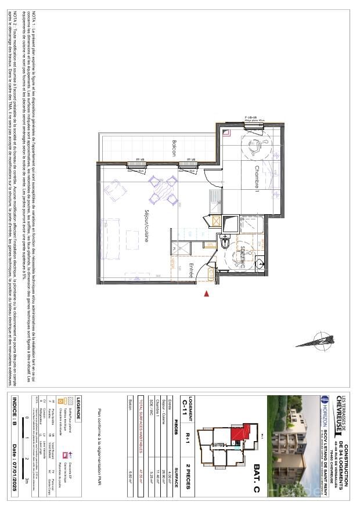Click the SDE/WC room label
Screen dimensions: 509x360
242,257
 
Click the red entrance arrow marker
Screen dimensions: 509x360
206,294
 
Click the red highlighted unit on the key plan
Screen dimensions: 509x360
237,434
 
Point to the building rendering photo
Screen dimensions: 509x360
293,447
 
